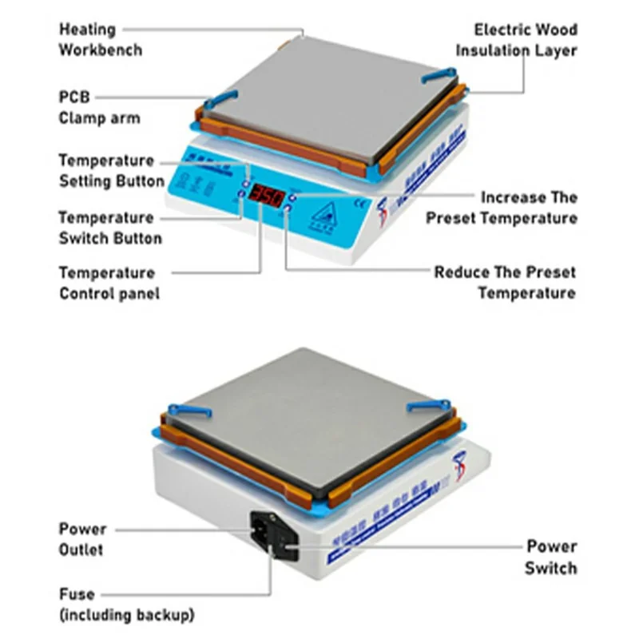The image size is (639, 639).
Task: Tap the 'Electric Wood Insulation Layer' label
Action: coord(516,40)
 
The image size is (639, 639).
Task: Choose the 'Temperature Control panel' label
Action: coord(109,284)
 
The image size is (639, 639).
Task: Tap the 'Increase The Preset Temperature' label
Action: coord(501,208)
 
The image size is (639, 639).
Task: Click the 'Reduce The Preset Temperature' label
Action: coord(504,283)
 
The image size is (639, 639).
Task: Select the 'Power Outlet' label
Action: coord(82,539)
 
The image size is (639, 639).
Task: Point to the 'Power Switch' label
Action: coord(550,558)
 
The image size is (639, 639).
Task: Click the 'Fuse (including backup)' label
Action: coord(125,605)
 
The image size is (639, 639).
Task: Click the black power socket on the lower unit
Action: coord(270,530)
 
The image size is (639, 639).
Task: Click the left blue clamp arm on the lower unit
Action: coord(189,411)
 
